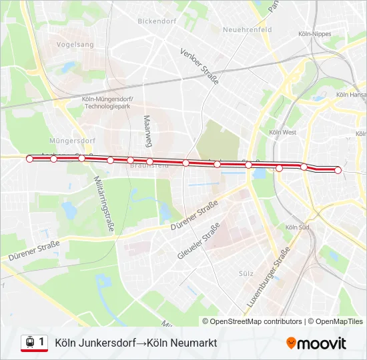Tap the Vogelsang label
tap(76, 44)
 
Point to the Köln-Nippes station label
tap(316, 33)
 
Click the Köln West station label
tap(282, 133)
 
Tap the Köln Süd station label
tap(297, 227)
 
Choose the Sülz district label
tap(246, 273)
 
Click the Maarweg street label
tap(147, 131)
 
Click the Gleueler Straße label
tap(199, 241)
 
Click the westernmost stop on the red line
tap(29, 159)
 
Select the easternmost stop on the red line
tap(338, 171)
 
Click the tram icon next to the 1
tap(29, 343)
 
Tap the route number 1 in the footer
tap(42, 342)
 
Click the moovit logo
tap(316, 343)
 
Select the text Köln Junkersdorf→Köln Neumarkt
tap(135, 343)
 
